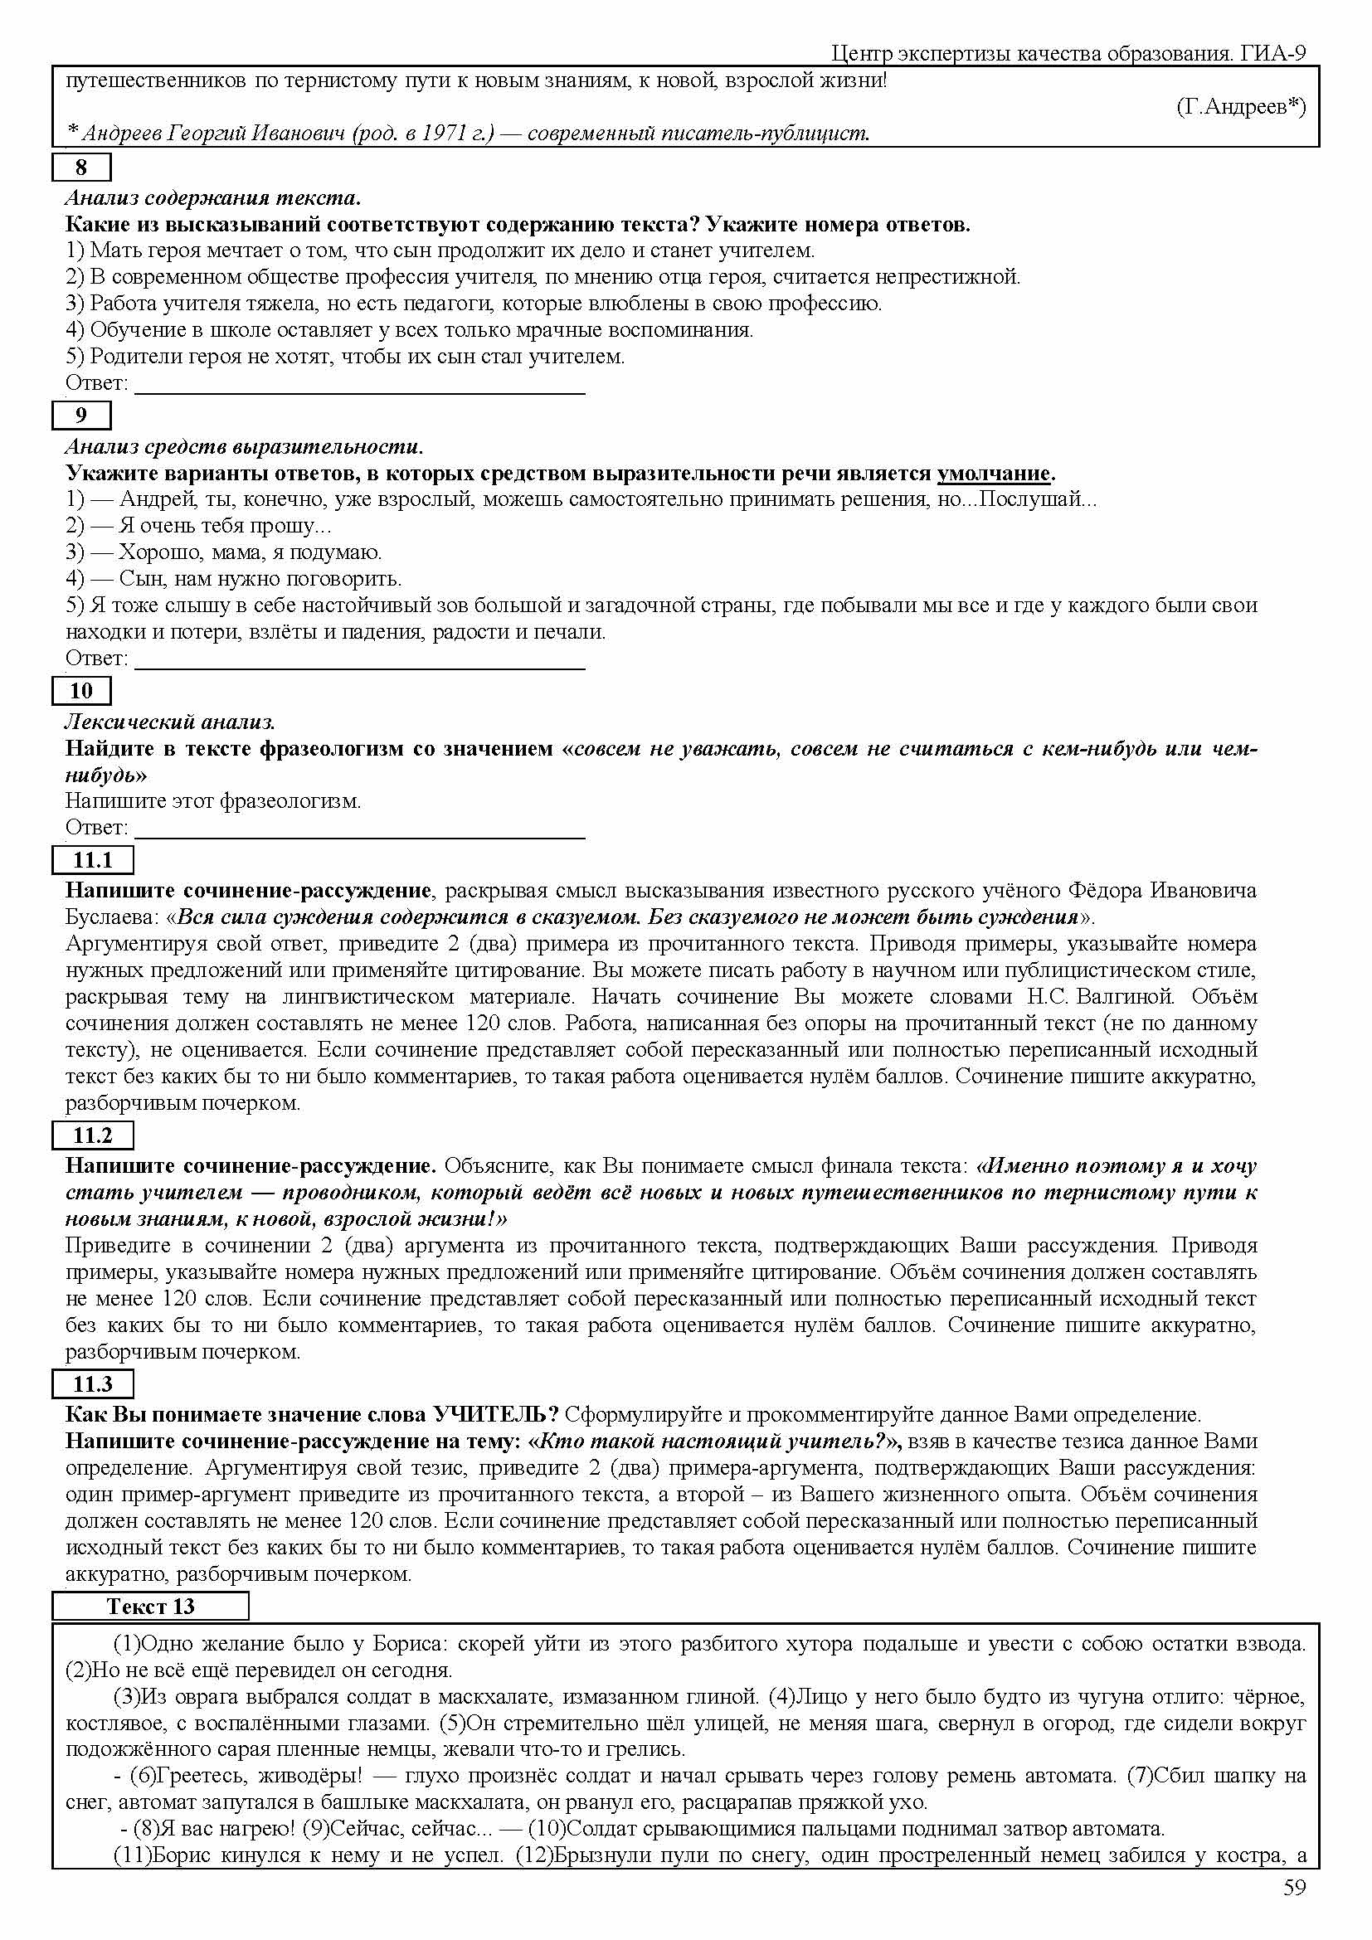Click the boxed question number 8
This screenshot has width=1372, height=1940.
click(x=81, y=168)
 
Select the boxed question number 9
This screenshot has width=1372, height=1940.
click(x=81, y=415)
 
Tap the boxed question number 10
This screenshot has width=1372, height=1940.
click(x=81, y=690)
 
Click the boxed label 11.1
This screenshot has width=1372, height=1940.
click(x=92, y=860)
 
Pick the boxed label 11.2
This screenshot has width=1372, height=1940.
click(x=92, y=1135)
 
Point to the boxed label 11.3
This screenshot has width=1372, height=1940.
click(x=92, y=1384)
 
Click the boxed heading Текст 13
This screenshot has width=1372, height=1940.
click(x=150, y=1607)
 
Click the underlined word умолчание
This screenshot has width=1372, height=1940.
click(x=994, y=473)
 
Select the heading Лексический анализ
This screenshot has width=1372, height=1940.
click(x=170, y=722)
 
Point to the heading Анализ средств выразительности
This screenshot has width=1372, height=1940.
click(x=244, y=446)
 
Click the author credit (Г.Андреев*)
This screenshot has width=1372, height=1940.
click(x=1240, y=107)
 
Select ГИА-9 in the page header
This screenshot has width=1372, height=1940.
click(x=1274, y=54)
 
